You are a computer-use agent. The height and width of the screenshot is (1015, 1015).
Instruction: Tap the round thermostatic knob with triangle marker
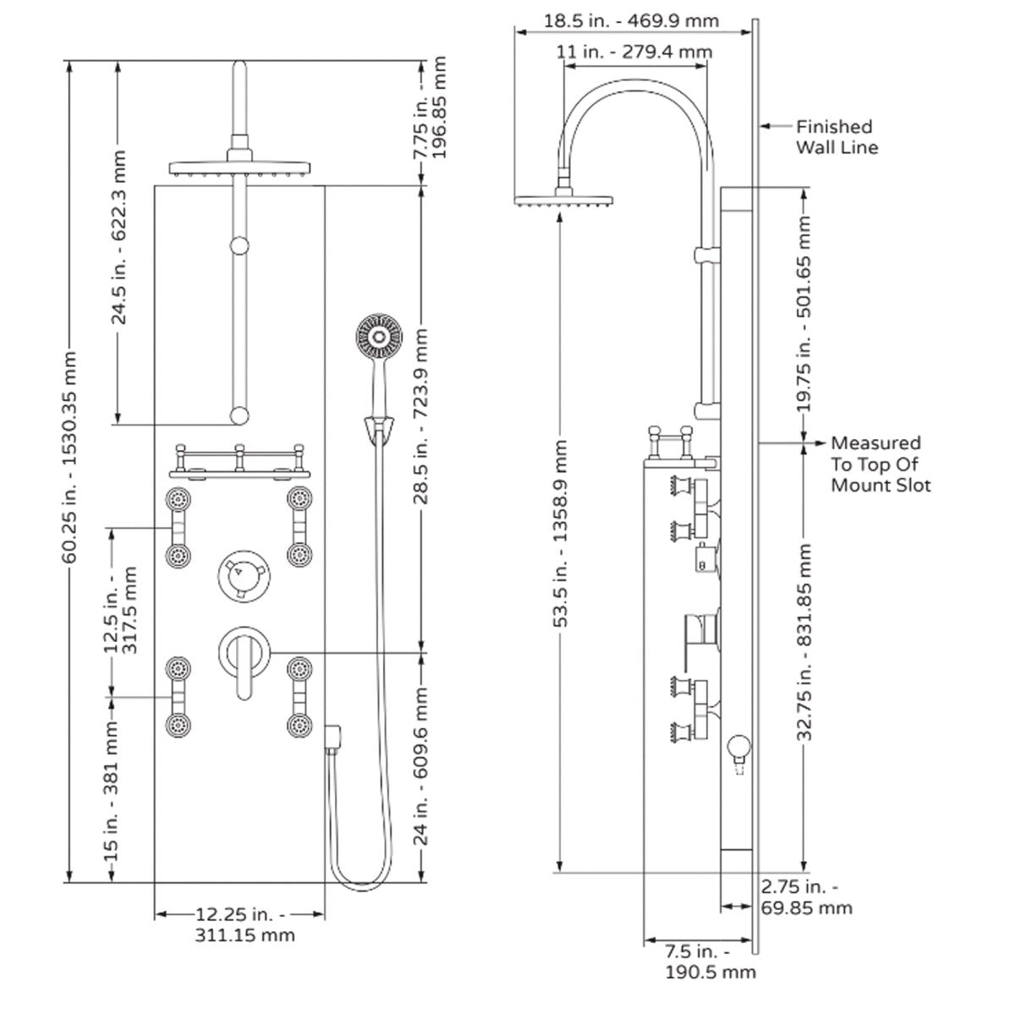244,577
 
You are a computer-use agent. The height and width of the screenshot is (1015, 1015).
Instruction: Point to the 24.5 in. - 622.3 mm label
119,238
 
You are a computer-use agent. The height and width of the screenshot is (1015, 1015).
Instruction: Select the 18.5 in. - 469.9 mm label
631,21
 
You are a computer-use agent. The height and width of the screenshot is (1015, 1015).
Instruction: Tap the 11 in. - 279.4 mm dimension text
634,52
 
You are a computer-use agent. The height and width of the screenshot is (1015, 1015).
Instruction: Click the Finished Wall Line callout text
837,137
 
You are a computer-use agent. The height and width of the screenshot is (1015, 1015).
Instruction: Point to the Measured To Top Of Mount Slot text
881,464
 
